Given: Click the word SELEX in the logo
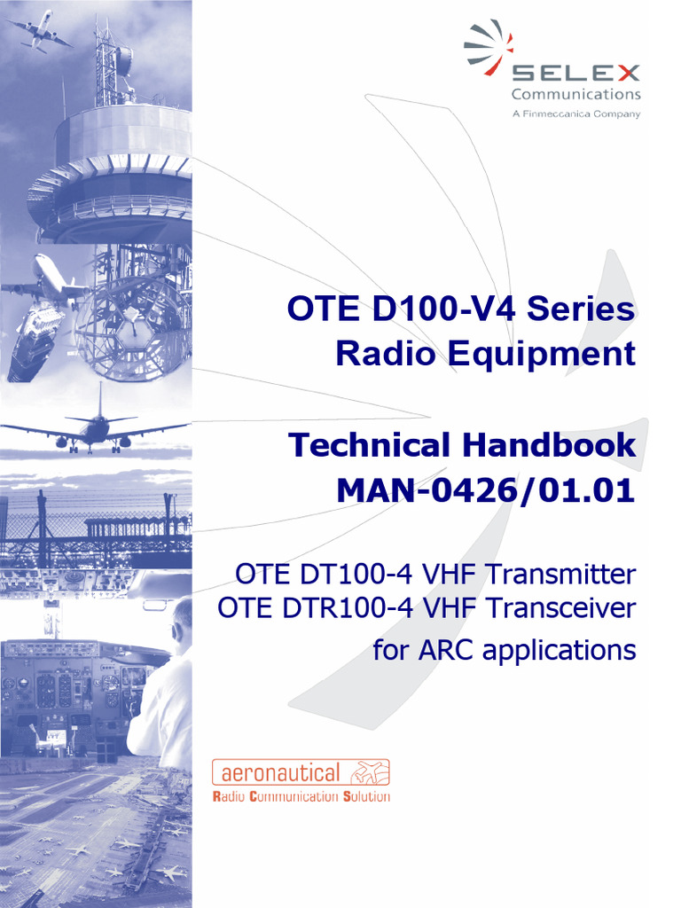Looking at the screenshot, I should point(575,73).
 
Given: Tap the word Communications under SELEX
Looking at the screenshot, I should point(575,94).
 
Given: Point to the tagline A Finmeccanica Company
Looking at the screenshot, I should point(575,114).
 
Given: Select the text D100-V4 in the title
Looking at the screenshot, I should point(438,309).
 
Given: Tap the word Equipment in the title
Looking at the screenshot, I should point(541,354).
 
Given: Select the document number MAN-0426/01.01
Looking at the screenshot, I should point(486,489).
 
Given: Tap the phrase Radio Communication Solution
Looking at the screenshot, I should point(301,796).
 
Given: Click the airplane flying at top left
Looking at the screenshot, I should point(39,31).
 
